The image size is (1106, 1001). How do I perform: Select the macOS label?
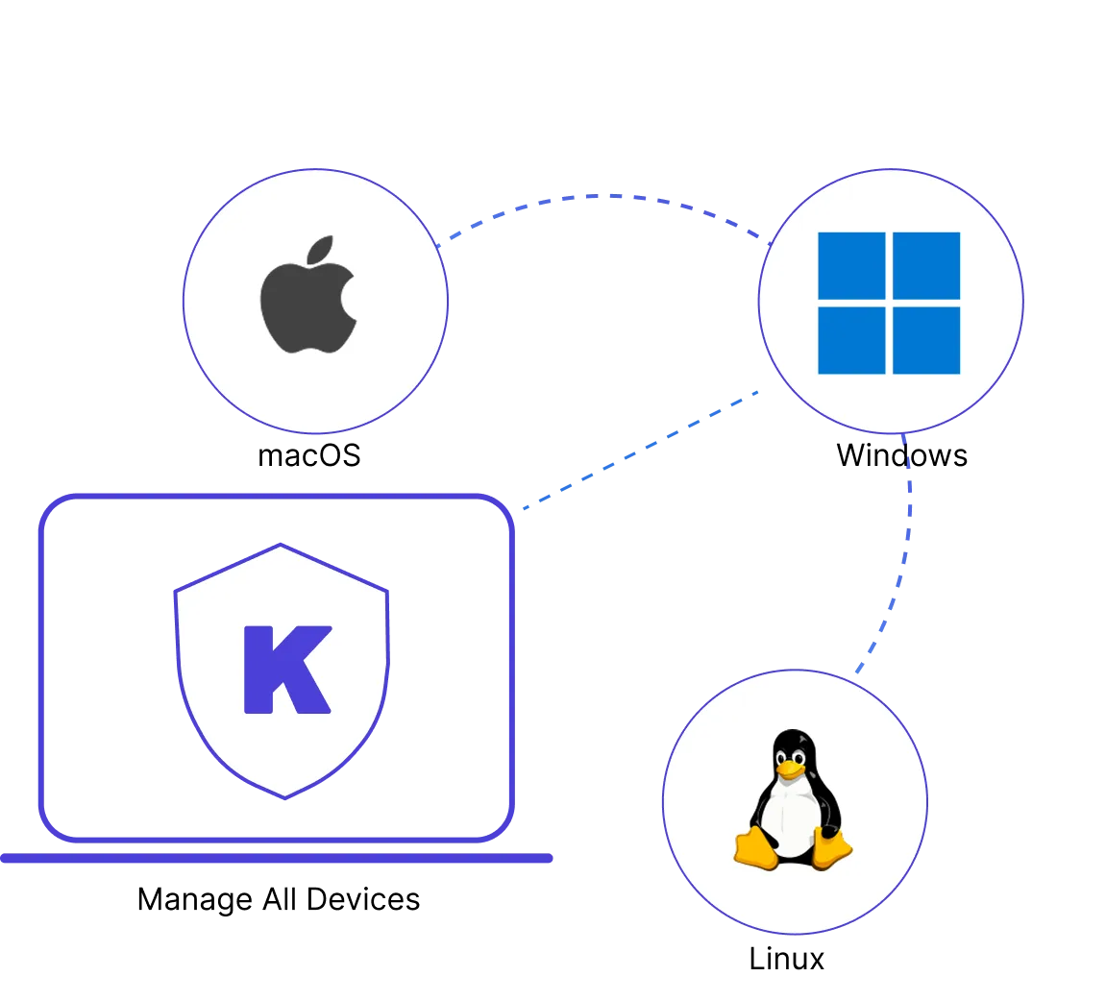click(x=309, y=455)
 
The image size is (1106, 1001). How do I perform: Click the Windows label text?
click(x=901, y=455)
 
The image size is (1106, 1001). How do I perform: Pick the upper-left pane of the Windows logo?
click(x=851, y=266)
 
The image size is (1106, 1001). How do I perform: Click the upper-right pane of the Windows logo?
click(x=926, y=266)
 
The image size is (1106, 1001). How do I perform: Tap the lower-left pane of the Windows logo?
click(x=851, y=340)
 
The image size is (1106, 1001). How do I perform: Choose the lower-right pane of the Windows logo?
click(x=926, y=340)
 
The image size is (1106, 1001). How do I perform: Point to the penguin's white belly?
click(x=792, y=817)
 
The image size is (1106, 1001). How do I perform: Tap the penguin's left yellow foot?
click(x=755, y=848)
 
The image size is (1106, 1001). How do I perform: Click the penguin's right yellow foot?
click(x=831, y=848)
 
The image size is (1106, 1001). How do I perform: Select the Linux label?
click(x=786, y=959)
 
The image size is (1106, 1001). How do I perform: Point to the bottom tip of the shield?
click(x=285, y=798)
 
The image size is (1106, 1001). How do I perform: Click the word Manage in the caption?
click(x=195, y=900)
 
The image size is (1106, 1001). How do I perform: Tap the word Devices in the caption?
click(x=363, y=899)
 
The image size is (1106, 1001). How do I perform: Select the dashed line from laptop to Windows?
click(x=641, y=449)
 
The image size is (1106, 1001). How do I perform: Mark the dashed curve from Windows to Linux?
click(x=905, y=557)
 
